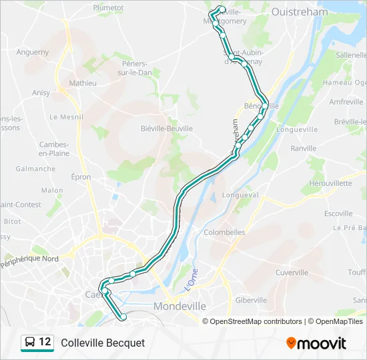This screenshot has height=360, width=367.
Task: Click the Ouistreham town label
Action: [300, 11]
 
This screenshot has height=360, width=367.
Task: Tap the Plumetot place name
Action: [109, 7]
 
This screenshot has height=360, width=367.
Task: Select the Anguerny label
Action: [32, 51]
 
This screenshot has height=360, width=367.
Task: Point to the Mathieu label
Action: [83, 83]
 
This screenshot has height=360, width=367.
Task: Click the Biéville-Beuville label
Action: [167, 129]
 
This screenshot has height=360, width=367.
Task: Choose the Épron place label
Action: [81, 177]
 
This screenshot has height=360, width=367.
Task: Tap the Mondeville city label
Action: [179, 306]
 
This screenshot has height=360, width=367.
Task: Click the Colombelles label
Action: [224, 233]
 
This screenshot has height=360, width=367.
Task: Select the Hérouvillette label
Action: [330, 183]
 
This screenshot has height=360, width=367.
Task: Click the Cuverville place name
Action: [291, 272]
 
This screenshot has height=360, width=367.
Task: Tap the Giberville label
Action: [251, 300]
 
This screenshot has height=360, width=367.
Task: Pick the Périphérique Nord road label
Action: [29, 261]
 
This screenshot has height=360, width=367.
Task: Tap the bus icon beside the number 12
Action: [30, 343]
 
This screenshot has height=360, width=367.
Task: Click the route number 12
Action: [45, 342]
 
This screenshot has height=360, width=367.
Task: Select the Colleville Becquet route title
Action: [103, 343]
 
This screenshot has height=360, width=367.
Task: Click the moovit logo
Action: [316, 343]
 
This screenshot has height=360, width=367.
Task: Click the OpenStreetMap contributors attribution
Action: [256, 321]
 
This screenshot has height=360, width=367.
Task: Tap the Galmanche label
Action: [35, 169]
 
